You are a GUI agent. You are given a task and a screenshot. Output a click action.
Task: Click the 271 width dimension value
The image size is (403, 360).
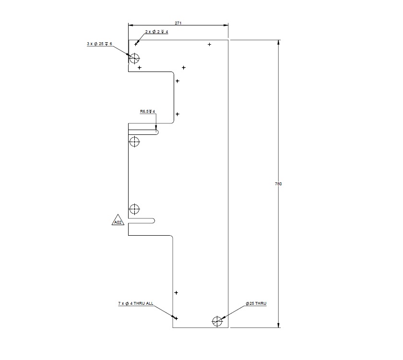pos(178,23)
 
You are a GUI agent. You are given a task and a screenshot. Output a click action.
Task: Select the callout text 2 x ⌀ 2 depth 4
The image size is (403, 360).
pos(156,32)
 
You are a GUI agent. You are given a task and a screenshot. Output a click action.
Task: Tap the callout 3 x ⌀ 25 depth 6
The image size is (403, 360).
pos(99,44)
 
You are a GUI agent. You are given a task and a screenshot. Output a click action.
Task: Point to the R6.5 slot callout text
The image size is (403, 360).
pos(148,111)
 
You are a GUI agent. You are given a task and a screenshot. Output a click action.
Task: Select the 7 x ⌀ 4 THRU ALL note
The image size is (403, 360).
pos(136,304)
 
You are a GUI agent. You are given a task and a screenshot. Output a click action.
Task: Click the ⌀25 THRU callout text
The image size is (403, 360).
pos(256,304)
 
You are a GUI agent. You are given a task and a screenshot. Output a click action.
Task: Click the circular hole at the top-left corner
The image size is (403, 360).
pos(134,59)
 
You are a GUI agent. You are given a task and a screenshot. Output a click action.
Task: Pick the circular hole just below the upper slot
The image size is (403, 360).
pos(134,142)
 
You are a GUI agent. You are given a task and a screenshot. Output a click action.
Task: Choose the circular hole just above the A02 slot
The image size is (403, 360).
pos(134,209)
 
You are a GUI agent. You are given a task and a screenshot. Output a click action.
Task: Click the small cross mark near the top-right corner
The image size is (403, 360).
pos(210,45)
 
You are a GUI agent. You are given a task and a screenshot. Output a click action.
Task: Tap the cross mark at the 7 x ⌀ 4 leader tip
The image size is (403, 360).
pos(176,318)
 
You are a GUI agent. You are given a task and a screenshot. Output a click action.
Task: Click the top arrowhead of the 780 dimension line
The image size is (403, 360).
pos(279,43)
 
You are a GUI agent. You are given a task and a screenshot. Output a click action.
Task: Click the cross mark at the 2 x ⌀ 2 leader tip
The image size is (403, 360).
pos(136,45)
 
